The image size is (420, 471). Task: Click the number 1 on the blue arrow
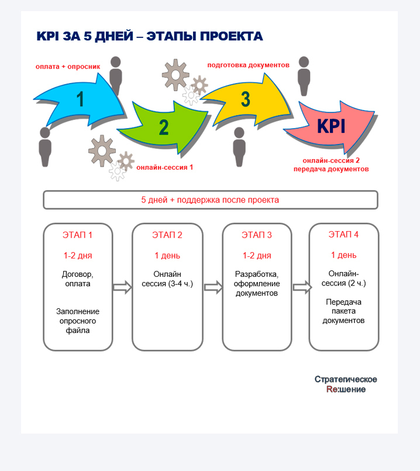click(80, 99)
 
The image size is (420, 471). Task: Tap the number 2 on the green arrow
click(164, 128)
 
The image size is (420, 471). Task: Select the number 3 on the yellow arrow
click(246, 99)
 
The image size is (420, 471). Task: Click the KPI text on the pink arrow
click(331, 126)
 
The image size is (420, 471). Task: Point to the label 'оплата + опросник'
click(68, 67)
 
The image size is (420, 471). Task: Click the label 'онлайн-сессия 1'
click(164, 167)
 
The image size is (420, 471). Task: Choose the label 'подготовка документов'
click(248, 65)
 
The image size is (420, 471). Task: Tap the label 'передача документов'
click(331, 169)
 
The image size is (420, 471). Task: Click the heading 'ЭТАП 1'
click(77, 235)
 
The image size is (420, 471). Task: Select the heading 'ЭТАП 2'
click(167, 235)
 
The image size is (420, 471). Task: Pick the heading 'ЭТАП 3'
click(257, 235)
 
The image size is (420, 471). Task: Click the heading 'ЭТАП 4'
click(343, 234)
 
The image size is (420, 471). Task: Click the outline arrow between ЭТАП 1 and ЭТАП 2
click(122, 287)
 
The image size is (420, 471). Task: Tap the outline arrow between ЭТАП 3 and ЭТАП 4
click(302, 287)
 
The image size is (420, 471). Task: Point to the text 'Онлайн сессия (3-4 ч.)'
click(167, 279)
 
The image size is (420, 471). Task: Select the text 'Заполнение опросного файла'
click(78, 321)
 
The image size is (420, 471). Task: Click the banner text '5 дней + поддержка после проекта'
click(210, 200)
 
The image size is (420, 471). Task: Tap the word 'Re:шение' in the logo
click(346, 389)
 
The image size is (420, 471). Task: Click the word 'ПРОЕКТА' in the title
click(232, 36)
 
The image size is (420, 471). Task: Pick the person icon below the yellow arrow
click(239, 147)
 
